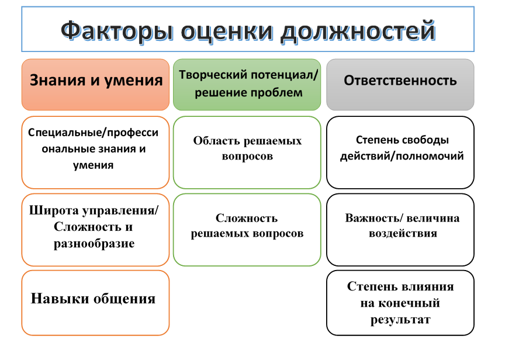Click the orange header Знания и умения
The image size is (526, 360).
click(x=96, y=81)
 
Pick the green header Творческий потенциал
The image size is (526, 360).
click(x=247, y=84)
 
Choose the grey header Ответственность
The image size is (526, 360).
click(x=400, y=81)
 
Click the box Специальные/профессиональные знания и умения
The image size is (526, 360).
click(x=95, y=151)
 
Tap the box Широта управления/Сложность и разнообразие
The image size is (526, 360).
click(x=95, y=229)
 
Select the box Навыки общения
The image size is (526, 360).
click(x=95, y=302)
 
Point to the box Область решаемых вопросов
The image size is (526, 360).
click(x=247, y=151)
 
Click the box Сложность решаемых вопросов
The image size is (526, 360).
click(x=247, y=229)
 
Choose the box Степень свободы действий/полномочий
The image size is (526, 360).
click(x=400, y=151)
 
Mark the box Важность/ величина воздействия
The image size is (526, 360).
click(x=400, y=229)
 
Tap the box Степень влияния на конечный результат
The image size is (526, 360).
click(x=400, y=303)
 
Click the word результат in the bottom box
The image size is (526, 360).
click(x=400, y=320)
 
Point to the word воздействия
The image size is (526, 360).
click(x=403, y=233)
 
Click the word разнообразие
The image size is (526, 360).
click(x=94, y=244)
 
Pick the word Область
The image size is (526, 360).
click(x=215, y=141)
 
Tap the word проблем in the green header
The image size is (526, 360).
click(x=279, y=92)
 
